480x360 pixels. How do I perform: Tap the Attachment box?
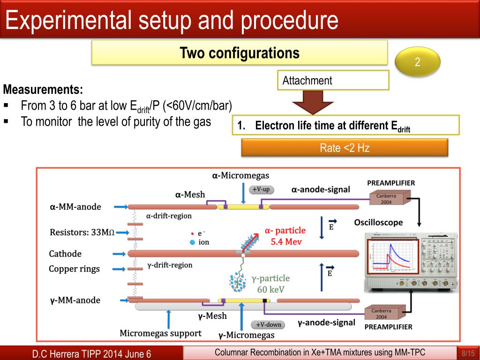pyautogui.click(x=333, y=80)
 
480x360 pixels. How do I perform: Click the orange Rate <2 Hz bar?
pyautogui.click(x=345, y=148)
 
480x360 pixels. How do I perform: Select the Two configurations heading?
pyautogui.click(x=240, y=52)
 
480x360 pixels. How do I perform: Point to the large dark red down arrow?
pyautogui.click(x=313, y=101)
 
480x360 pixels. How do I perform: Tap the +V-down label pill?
pyautogui.click(x=268, y=325)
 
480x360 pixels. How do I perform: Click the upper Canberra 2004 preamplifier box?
pyautogui.click(x=387, y=198)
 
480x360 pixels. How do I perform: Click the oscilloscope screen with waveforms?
pyautogui.click(x=392, y=256)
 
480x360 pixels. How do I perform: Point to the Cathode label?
pyautogui.click(x=65, y=254)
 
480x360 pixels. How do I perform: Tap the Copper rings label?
pyautogui.click(x=75, y=269)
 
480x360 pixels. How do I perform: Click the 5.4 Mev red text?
pyautogui.click(x=286, y=242)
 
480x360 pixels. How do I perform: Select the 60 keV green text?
pyautogui.click(x=271, y=289)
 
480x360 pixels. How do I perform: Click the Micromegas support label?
pyautogui.click(x=160, y=333)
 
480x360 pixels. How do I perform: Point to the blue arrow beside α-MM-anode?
pyautogui.click(x=120, y=206)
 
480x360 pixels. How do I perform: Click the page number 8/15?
pyautogui.click(x=468, y=353)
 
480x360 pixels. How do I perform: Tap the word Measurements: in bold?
pyautogui.click(x=43, y=89)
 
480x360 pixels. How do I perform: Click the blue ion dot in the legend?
pyautogui.click(x=192, y=242)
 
